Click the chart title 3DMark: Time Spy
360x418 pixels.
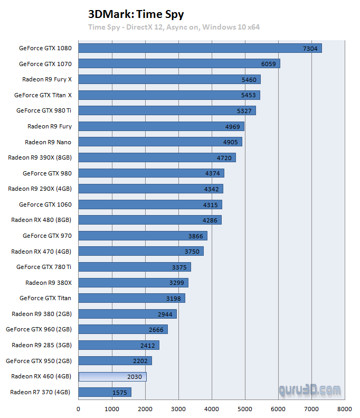pos(136,14)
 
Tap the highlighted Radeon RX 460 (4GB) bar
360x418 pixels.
pos(112,376)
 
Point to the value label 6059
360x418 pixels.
pos(269,64)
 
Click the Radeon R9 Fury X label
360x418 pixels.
pos(47,79)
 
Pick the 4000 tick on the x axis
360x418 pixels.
pos(212,408)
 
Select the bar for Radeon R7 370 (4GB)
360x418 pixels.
pos(105,392)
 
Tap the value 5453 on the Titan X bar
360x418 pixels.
pos(249,95)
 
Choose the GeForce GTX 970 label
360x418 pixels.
pos(47,236)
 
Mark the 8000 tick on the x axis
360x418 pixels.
pos(345,408)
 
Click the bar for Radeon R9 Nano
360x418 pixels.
pos(160,142)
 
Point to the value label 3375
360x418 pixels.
pos(179,267)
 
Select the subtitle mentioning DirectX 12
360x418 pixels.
pos(174,27)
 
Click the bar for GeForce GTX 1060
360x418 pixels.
pos(150,205)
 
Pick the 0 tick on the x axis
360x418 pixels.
pos(79,408)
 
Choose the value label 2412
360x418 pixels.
pos(147,345)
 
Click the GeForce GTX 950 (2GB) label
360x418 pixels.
pos(39,361)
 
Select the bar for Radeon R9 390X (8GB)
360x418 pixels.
pos(157,157)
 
